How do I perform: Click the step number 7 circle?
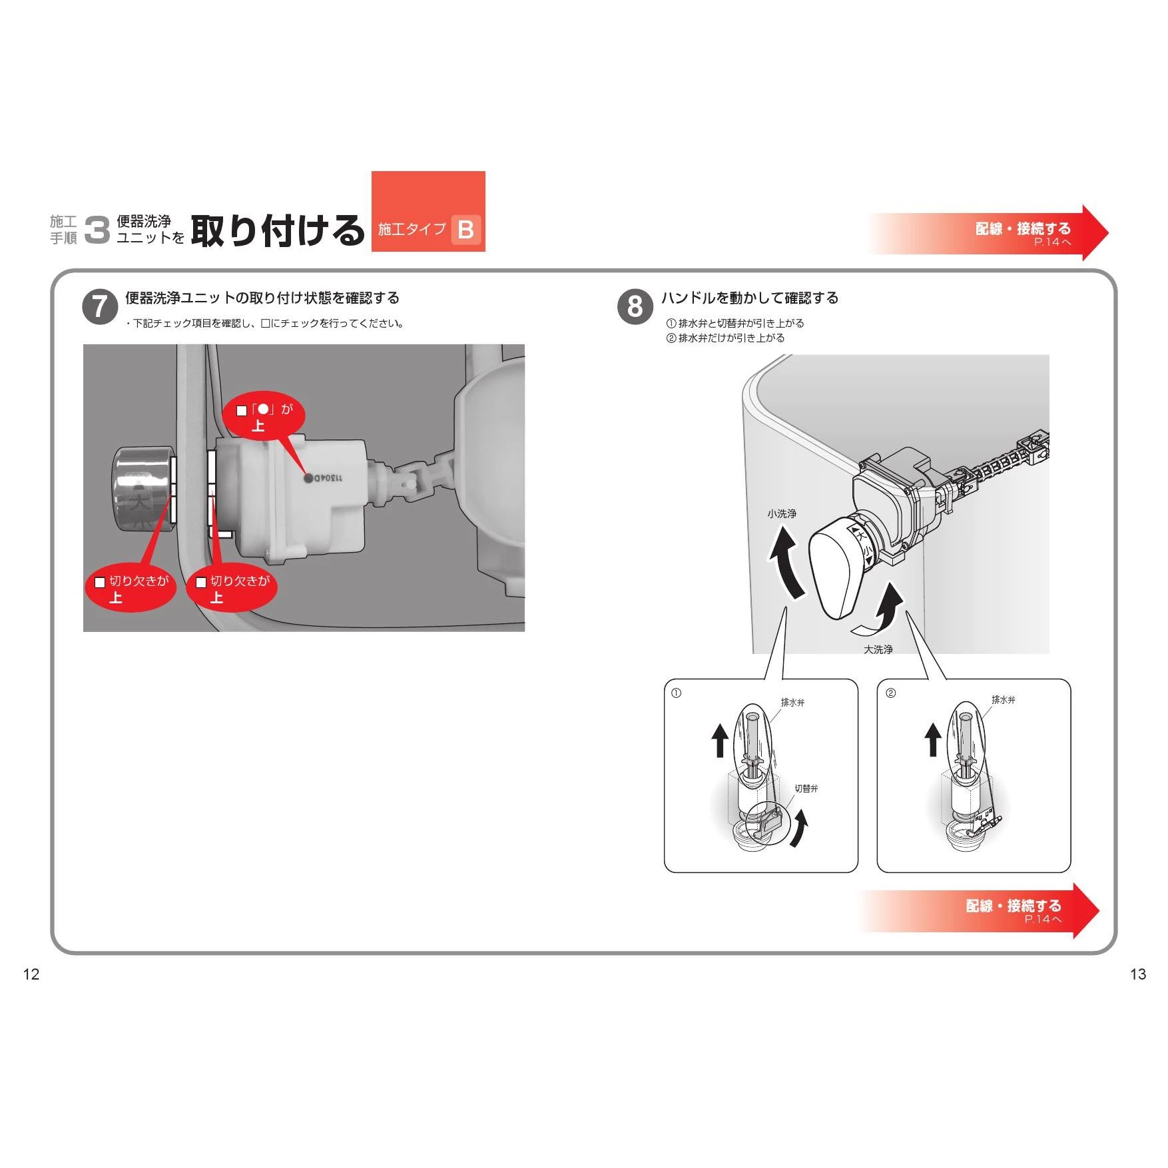coord(100,307)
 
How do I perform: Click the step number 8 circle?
coord(635,307)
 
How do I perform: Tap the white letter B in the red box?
coord(466,230)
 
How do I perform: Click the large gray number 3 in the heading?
coord(97,230)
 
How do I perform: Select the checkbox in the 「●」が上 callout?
coord(242,411)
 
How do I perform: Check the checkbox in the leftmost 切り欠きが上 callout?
coord(100,582)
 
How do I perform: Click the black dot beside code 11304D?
coord(308,477)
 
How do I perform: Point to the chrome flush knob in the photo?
coord(143,489)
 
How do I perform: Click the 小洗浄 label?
coord(782,513)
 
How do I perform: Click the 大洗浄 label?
coord(878,649)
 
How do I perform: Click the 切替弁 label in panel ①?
coord(806,788)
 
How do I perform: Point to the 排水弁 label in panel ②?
coord(1004,700)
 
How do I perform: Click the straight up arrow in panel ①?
coord(719,740)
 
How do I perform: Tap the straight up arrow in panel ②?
coord(933,740)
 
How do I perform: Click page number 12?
coord(31,974)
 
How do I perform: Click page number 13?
coord(1138,974)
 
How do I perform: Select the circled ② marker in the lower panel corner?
coord(891,693)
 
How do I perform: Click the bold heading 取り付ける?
coord(278,230)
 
